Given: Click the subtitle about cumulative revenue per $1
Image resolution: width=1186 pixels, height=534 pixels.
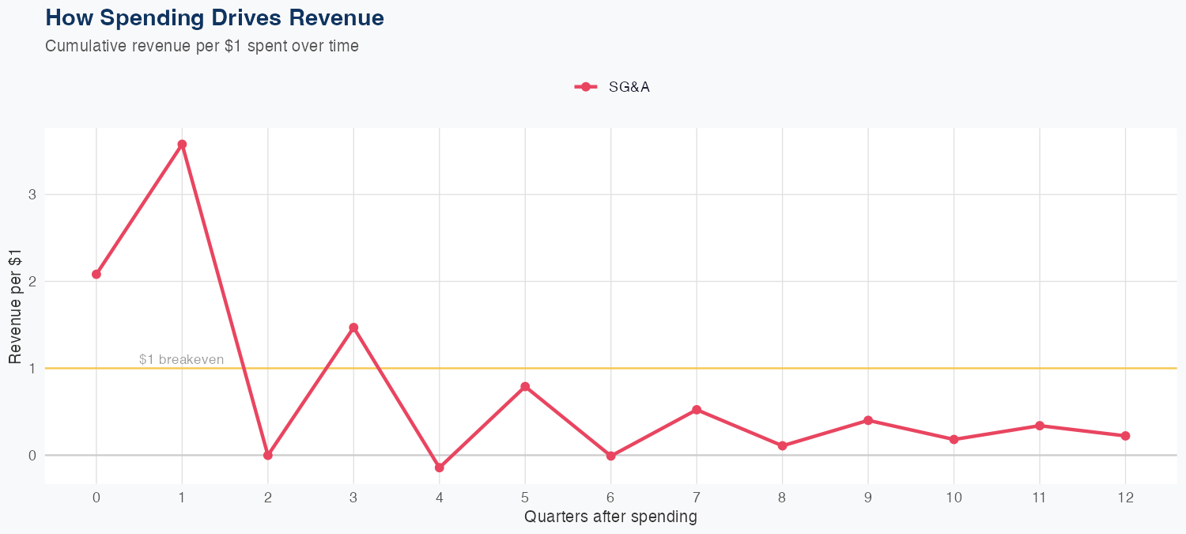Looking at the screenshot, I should point(202,46).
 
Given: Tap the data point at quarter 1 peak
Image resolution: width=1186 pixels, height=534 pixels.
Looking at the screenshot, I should point(182,144).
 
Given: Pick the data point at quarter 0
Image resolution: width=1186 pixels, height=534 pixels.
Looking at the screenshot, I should point(96,275).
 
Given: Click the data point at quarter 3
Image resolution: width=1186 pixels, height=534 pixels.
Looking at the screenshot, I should point(353,328).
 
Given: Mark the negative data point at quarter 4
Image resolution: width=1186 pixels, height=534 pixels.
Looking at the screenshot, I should point(440,468).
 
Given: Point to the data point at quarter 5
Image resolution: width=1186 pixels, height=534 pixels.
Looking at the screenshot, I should point(525,387).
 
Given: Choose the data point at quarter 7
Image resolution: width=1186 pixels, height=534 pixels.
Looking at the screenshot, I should point(697,410).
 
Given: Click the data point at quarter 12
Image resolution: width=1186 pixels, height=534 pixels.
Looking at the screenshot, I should point(1125,436).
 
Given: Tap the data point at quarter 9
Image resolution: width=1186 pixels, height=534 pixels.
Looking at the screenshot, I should point(868,420).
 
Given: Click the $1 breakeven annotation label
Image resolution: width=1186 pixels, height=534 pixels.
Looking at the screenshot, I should point(181,359).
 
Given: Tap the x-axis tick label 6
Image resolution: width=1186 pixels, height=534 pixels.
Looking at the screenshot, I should point(610,498).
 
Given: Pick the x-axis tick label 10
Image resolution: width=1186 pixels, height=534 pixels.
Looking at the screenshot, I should point(954,498).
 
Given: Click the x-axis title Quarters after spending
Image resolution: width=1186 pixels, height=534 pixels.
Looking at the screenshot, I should point(610,517).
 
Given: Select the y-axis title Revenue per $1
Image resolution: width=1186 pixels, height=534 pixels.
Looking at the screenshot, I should point(15,305).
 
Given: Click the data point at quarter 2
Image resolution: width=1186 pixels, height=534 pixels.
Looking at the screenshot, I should point(268,455).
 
